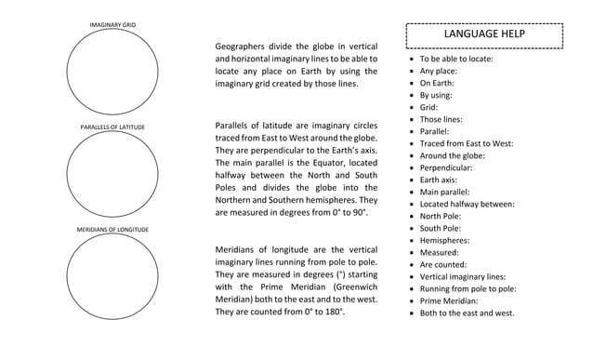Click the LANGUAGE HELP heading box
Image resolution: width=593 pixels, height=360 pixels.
pos(484,34)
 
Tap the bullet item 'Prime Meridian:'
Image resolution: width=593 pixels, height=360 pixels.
pos(449,300)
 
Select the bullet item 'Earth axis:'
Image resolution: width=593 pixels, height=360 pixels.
pos(439,180)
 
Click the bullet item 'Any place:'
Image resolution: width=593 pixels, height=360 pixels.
pos(439,71)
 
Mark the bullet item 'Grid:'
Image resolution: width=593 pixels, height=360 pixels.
pos(428,107)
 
